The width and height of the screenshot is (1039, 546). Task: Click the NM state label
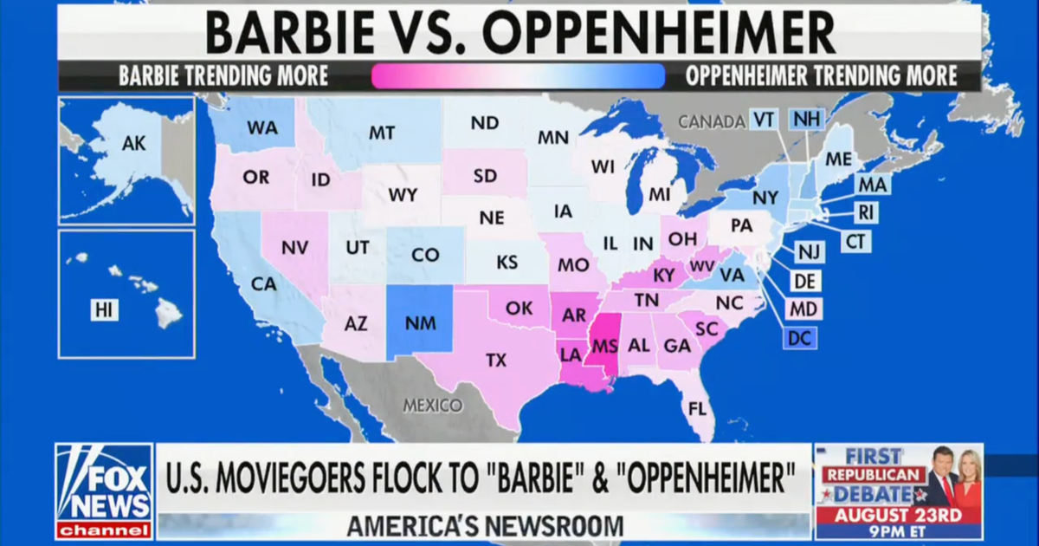pos(421,323)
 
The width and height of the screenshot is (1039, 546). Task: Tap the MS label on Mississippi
pos(604,346)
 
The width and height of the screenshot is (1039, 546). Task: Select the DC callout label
pos(800,338)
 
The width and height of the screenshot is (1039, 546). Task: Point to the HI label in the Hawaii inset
pos(105,309)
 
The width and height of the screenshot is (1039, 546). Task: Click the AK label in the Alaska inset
pos(133,145)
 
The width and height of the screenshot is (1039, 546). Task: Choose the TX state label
pos(496,360)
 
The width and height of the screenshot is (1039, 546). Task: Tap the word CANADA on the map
pos(711,122)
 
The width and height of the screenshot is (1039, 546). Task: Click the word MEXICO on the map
pos(432,405)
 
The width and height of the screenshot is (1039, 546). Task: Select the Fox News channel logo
pos(104,491)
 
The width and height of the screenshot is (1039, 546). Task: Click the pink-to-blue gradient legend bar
pos(518,76)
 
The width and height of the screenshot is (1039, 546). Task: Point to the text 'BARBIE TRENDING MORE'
pos(223,75)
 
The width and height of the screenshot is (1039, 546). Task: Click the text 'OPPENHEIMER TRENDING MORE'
pos(821,75)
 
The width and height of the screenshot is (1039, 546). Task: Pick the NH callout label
pos(807,119)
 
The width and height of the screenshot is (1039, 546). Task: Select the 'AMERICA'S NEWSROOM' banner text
pos(484,525)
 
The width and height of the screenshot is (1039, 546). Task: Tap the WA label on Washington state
pos(261,127)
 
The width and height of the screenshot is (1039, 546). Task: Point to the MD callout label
pos(803,309)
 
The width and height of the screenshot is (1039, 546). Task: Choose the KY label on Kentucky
pos(664,276)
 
